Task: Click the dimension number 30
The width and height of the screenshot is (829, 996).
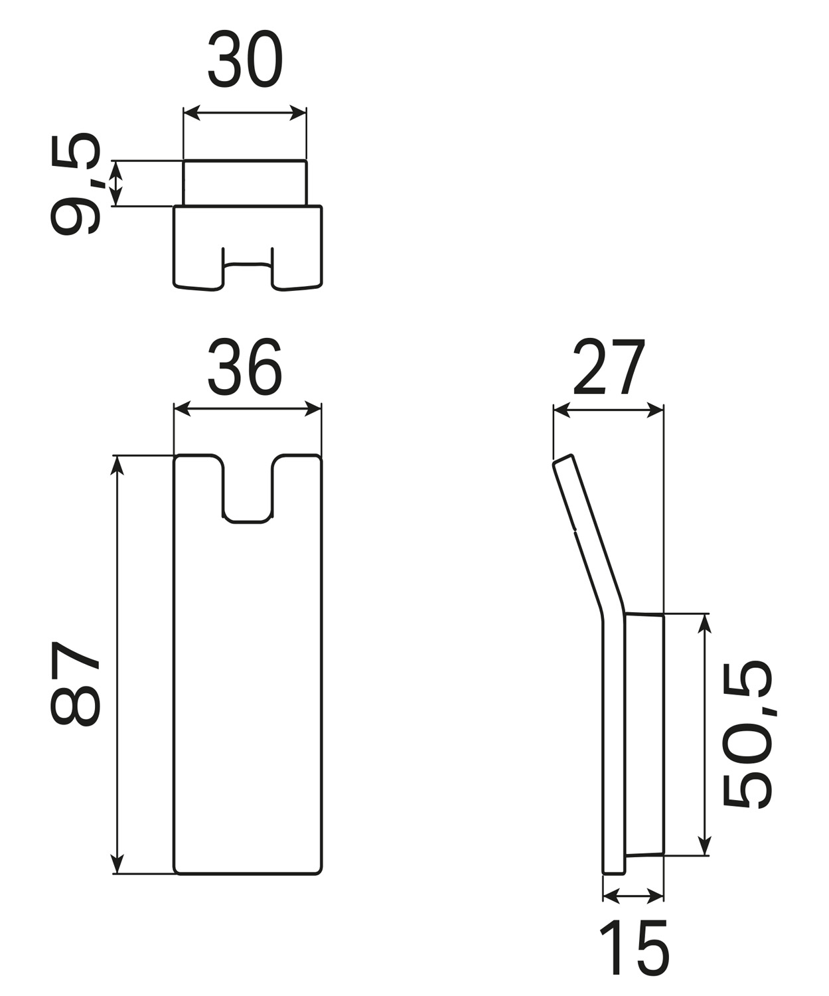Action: coord(245,59)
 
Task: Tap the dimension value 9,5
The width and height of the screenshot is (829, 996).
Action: coord(76,184)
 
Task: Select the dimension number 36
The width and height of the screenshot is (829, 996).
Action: coord(245,367)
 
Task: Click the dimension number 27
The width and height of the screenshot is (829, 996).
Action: coord(609,367)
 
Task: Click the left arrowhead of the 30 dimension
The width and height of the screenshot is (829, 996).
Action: coord(191,113)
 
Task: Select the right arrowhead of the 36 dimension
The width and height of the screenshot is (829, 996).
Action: coord(313,409)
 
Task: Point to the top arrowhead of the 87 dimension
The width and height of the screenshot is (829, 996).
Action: coord(117,465)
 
